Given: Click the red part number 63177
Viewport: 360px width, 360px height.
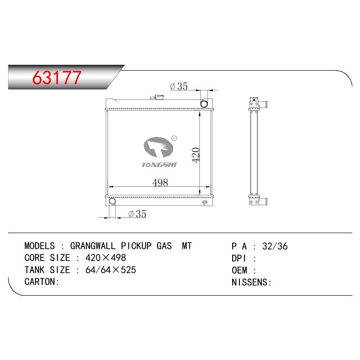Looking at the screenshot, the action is point(57,77).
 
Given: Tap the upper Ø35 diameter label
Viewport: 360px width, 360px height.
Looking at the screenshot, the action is point(179,86).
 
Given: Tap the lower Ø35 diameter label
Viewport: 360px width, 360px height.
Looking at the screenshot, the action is point(137,214).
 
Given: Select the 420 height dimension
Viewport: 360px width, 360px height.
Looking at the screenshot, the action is point(196,155).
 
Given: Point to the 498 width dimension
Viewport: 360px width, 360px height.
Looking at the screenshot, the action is point(160,183).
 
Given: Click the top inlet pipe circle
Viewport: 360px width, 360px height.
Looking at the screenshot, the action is point(204,103).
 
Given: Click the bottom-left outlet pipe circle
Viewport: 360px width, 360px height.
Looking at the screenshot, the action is point(112,202).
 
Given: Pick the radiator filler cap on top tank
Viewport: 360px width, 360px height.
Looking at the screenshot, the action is point(157,97).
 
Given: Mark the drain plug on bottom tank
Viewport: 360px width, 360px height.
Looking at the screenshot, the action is point(205,202).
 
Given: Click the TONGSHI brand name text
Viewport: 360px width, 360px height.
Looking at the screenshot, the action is point(159,165).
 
